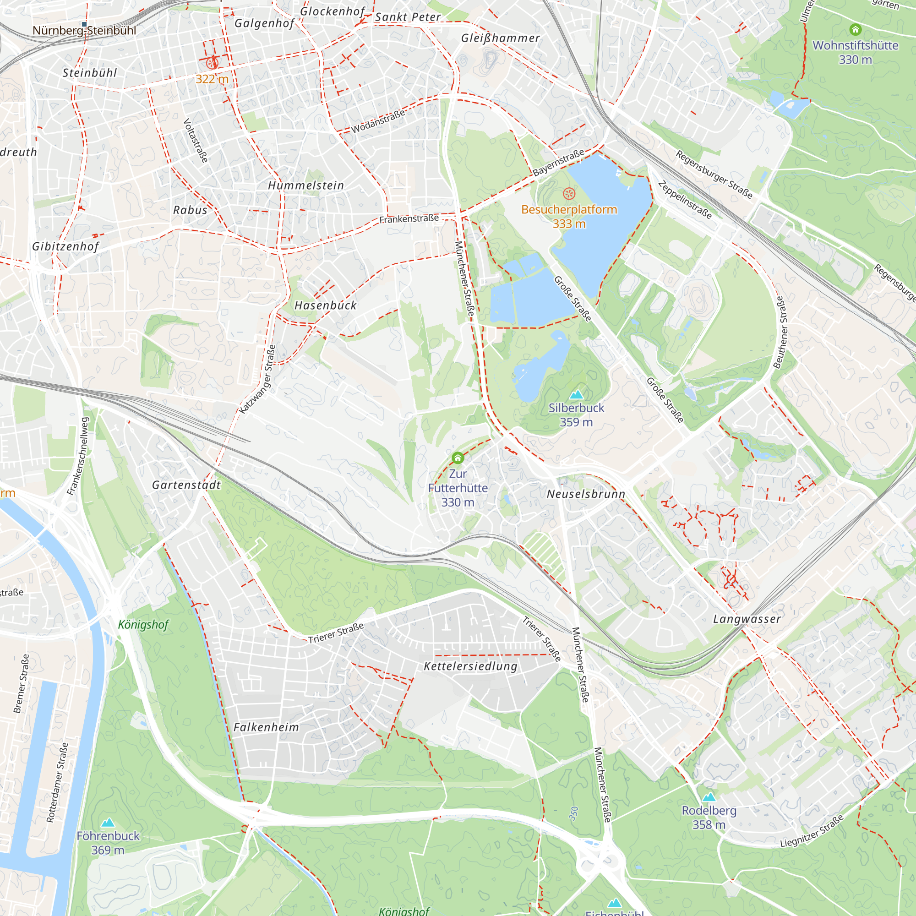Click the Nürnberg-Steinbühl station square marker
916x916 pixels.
84,24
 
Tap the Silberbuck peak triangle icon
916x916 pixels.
576,394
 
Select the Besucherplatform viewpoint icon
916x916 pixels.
569,193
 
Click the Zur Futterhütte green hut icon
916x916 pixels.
458,458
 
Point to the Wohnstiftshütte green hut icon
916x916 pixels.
855,30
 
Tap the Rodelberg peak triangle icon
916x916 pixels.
709,797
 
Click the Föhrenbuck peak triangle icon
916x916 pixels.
108,823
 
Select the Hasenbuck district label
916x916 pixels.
325,306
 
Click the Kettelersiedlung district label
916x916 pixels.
470,666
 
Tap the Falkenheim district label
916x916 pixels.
266,727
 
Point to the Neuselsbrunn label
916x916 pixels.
586,494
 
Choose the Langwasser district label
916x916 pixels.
747,619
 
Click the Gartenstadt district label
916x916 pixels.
186,485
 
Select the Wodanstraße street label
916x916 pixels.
378,121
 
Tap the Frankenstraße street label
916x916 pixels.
409,219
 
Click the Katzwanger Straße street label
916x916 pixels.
257,379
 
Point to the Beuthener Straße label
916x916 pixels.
780,332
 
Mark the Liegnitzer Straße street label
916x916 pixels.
812,831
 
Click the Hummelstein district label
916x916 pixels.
306,185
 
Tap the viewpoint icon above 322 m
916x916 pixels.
212,63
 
